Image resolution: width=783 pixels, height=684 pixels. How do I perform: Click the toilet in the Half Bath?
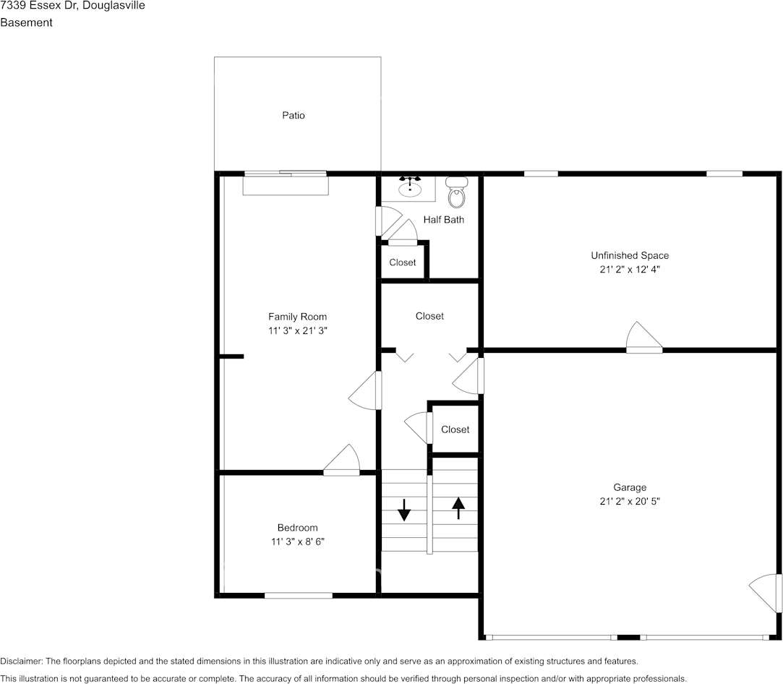point(455,192)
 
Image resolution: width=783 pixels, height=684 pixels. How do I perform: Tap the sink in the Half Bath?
point(410,187)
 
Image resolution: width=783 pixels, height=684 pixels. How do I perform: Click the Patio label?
point(293,116)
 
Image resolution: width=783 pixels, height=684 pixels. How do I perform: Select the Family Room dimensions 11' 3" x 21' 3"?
point(298,330)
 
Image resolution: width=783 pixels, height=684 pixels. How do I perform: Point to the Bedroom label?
point(298,528)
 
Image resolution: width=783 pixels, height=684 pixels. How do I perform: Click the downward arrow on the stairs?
point(404,509)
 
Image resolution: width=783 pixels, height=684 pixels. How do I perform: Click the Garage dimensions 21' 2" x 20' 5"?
point(630,501)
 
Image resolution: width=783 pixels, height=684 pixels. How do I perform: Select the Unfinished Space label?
point(630,256)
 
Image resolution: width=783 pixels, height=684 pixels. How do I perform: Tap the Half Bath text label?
point(443,220)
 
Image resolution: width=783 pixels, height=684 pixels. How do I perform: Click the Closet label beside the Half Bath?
point(403,262)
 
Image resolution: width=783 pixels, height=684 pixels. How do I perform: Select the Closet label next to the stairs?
point(455,429)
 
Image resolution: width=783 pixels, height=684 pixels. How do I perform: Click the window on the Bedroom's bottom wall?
point(298,595)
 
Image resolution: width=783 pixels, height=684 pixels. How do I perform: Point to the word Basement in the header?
point(27,22)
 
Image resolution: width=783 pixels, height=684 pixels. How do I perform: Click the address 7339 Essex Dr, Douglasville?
point(73,6)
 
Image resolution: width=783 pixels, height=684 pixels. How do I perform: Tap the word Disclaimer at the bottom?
point(22,661)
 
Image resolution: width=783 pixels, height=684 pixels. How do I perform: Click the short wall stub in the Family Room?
point(231,356)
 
